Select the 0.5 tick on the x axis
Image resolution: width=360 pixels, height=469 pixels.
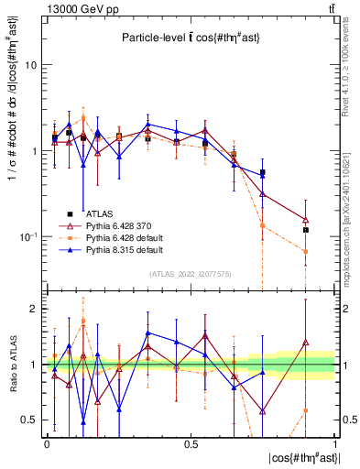191,442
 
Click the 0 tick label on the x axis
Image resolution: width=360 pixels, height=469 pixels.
47,442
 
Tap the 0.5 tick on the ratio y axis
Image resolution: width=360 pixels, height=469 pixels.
29,420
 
